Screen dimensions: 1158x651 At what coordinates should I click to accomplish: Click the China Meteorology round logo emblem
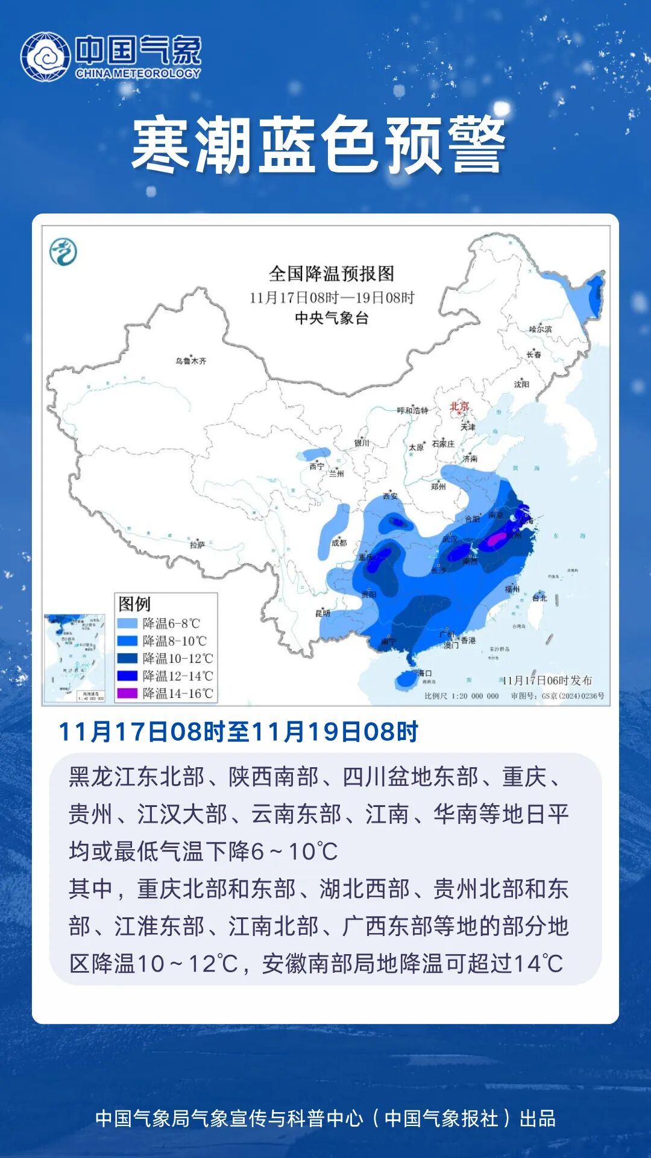click(45, 57)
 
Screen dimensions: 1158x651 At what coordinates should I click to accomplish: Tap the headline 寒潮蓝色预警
click(318, 145)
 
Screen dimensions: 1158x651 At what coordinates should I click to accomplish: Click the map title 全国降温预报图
click(331, 274)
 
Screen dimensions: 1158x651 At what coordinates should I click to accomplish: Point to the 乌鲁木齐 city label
click(191, 361)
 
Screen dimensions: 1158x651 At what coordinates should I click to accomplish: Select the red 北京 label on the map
click(459, 406)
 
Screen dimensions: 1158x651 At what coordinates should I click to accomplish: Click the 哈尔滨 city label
click(540, 329)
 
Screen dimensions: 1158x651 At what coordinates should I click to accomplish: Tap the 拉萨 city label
click(197, 545)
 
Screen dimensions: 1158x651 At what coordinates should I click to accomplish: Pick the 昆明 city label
click(322, 613)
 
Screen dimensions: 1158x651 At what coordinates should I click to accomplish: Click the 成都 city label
click(339, 543)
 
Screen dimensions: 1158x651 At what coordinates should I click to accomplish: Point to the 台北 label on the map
click(539, 598)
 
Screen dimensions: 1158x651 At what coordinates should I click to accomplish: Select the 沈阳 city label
click(521, 384)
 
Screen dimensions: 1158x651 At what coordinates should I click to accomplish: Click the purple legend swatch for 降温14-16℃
click(127, 693)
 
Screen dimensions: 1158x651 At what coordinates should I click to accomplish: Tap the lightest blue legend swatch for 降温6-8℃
click(127, 623)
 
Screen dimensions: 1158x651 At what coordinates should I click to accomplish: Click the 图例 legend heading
click(134, 604)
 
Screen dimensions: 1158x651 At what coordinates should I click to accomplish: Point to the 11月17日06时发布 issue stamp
click(547, 680)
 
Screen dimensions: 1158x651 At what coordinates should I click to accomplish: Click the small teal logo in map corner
click(63, 252)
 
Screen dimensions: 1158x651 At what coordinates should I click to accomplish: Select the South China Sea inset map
click(75, 657)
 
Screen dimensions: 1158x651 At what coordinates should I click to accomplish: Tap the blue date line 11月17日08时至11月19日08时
click(238, 732)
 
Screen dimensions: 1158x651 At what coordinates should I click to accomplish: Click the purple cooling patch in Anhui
click(497, 539)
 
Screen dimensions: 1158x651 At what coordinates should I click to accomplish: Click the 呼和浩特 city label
click(412, 410)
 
